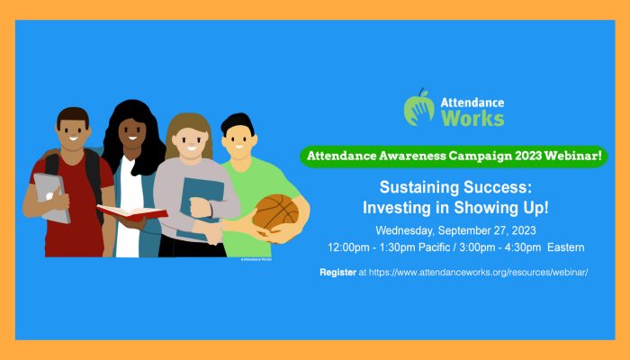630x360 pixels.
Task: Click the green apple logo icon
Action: pyautogui.click(x=419, y=108)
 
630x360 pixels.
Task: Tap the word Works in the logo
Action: pyautogui.click(x=472, y=118)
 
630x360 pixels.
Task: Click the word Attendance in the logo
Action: pyautogui.click(x=472, y=103)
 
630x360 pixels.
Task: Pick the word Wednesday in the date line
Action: pyautogui.click(x=405, y=230)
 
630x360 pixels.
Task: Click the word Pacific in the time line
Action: pyautogui.click(x=434, y=247)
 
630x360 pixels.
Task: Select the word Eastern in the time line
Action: pyautogui.click(x=566, y=247)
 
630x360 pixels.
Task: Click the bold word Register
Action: pyautogui.click(x=337, y=273)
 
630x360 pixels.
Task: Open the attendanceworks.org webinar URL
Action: pyautogui.click(x=478, y=272)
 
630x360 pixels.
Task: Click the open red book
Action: pyautogui.click(x=132, y=212)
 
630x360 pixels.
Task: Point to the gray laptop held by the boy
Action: pyautogui.click(x=50, y=198)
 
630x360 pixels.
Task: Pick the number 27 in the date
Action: pyautogui.click(x=502, y=230)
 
